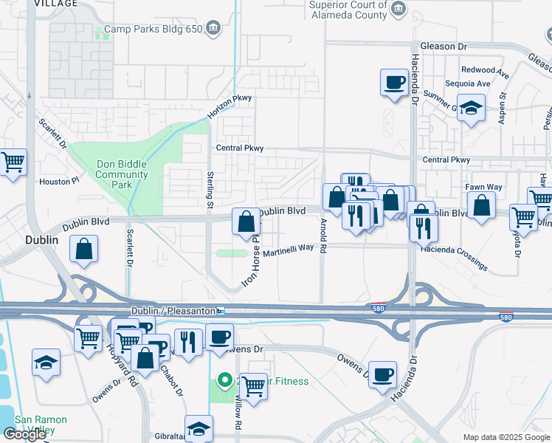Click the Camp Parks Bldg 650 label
point(152,30)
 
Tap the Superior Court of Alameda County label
point(348,10)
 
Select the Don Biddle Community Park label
point(122,174)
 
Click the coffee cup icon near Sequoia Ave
point(394,82)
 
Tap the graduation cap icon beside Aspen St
point(471,109)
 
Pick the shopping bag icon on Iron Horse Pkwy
point(246,221)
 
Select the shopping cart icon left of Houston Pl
point(13,162)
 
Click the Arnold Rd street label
point(323,235)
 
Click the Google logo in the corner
point(24,434)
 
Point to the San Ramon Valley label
point(41,425)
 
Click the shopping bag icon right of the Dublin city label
point(84,250)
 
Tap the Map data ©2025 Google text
point(506,437)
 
